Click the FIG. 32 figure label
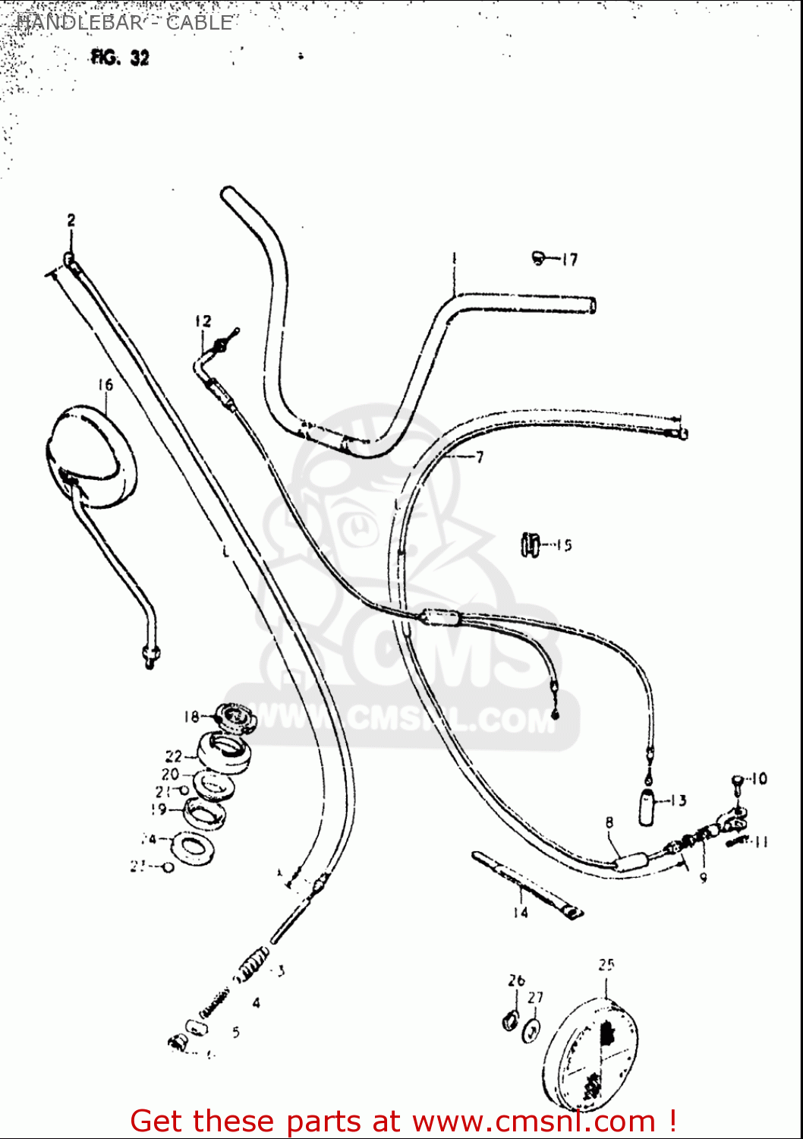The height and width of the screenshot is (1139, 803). click(x=120, y=58)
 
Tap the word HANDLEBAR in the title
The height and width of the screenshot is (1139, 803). click(x=79, y=22)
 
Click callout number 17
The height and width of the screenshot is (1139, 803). click(x=569, y=260)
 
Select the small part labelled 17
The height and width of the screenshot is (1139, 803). click(x=540, y=258)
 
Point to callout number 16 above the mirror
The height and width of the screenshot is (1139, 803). click(x=105, y=385)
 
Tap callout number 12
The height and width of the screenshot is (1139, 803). click(x=203, y=321)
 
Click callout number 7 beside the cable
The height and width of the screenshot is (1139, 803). click(x=480, y=457)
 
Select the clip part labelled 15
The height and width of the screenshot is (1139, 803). click(x=531, y=544)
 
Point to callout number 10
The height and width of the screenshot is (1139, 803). click(x=758, y=778)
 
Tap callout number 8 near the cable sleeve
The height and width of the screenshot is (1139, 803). click(x=609, y=822)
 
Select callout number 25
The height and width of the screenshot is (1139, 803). click(x=606, y=965)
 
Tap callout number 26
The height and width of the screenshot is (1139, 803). click(x=516, y=980)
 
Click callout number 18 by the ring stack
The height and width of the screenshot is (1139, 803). click(x=191, y=716)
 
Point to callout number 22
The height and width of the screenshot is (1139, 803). click(x=174, y=756)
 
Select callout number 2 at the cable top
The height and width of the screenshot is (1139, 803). click(x=71, y=221)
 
